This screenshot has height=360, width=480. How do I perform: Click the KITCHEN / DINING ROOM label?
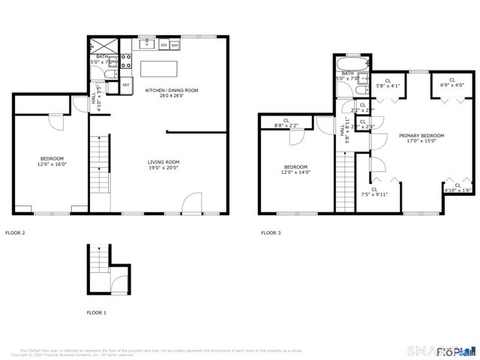coord(172,93)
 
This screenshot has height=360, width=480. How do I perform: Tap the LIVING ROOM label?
coord(163,164)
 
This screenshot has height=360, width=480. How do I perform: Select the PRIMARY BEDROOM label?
coord(421,138)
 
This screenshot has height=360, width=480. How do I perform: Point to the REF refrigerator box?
coord(126,85)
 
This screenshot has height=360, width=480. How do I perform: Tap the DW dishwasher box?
coord(164,46)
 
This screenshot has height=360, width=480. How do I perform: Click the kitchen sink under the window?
coord(146,45)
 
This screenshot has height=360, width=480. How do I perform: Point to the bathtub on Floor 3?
coord(352,65)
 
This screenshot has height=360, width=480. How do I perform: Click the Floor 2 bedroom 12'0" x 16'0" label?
coord(52,161)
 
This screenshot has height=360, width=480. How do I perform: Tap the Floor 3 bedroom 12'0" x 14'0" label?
coord(295,169)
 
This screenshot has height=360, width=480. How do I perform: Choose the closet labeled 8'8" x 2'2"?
coord(286,122)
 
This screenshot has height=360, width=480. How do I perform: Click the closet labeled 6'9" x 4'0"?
coord(452,82)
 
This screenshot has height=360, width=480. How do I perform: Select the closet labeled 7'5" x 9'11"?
coord(374,192)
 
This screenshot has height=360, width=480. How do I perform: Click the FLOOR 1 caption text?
coord(96,312)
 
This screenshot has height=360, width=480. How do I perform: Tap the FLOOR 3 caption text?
coord(271,233)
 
